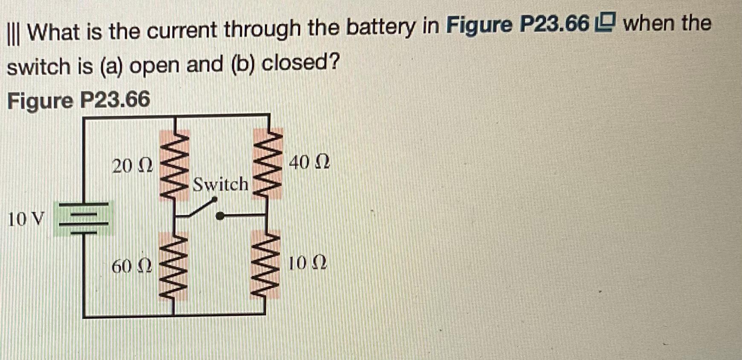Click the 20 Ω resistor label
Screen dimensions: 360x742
pyautogui.click(x=132, y=165)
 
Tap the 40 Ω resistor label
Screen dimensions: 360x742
pyautogui.click(x=309, y=162)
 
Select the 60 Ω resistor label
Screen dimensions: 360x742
pyautogui.click(x=131, y=267)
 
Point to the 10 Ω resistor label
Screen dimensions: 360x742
pyautogui.click(x=307, y=263)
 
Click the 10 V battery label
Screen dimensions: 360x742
pyautogui.click(x=26, y=219)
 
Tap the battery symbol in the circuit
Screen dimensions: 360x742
pyautogui.click(x=84, y=219)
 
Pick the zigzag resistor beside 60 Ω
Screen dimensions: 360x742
pyautogui.click(x=174, y=267)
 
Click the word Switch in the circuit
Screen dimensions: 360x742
pyautogui.click(x=220, y=185)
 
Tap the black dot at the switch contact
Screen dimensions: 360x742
pyautogui.click(x=220, y=216)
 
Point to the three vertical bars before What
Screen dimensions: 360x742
pyautogui.click(x=16, y=32)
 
